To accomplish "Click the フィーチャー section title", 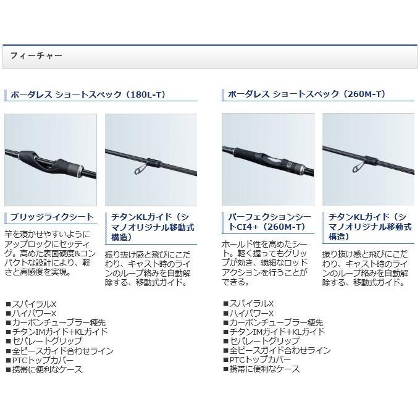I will tap(36, 56).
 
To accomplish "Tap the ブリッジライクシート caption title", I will tap(51, 217).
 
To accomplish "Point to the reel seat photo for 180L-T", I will tap(51, 159).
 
